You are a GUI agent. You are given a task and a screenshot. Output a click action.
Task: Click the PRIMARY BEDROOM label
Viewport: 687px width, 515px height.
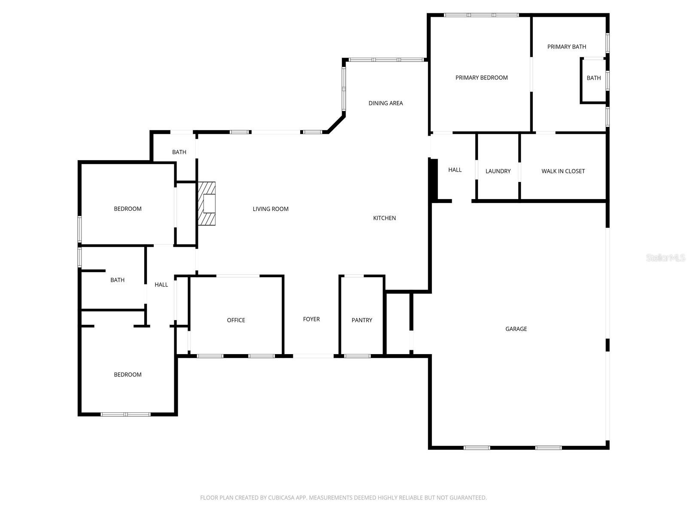(481, 78)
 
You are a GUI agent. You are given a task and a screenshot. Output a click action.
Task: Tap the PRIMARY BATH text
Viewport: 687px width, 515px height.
(566, 47)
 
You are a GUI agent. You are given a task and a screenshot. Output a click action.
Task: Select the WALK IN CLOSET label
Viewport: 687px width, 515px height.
(563, 171)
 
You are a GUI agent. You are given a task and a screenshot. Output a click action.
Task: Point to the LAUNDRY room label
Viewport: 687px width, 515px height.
(498, 171)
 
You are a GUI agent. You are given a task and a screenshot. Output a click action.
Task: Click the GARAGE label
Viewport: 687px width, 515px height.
(516, 329)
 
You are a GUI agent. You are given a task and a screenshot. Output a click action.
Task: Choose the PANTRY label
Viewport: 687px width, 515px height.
(362, 320)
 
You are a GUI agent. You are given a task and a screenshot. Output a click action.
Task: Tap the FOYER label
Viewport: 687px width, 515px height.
(311, 319)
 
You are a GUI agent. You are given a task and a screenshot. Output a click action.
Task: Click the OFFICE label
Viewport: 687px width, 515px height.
(236, 320)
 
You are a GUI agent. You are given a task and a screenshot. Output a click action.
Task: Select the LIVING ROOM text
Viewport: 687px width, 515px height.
(271, 209)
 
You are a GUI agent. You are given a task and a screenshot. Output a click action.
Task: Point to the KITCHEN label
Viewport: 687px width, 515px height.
(384, 218)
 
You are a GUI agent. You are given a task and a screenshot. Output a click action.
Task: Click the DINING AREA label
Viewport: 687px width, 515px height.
(385, 103)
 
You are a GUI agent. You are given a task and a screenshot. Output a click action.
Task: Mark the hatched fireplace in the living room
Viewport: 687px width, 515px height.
(207, 203)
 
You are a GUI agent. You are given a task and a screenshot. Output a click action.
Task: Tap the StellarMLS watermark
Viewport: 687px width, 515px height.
(666, 257)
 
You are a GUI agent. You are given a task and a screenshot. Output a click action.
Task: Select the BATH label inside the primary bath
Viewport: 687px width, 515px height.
(593, 78)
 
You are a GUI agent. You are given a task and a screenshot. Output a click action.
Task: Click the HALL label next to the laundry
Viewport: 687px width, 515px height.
(454, 170)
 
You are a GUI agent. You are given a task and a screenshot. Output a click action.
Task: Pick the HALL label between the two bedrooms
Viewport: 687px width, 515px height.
(161, 285)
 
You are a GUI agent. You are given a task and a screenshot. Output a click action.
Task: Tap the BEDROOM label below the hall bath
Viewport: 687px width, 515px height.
(128, 374)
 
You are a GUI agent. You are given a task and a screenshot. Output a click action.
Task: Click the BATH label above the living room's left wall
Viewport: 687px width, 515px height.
(179, 152)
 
